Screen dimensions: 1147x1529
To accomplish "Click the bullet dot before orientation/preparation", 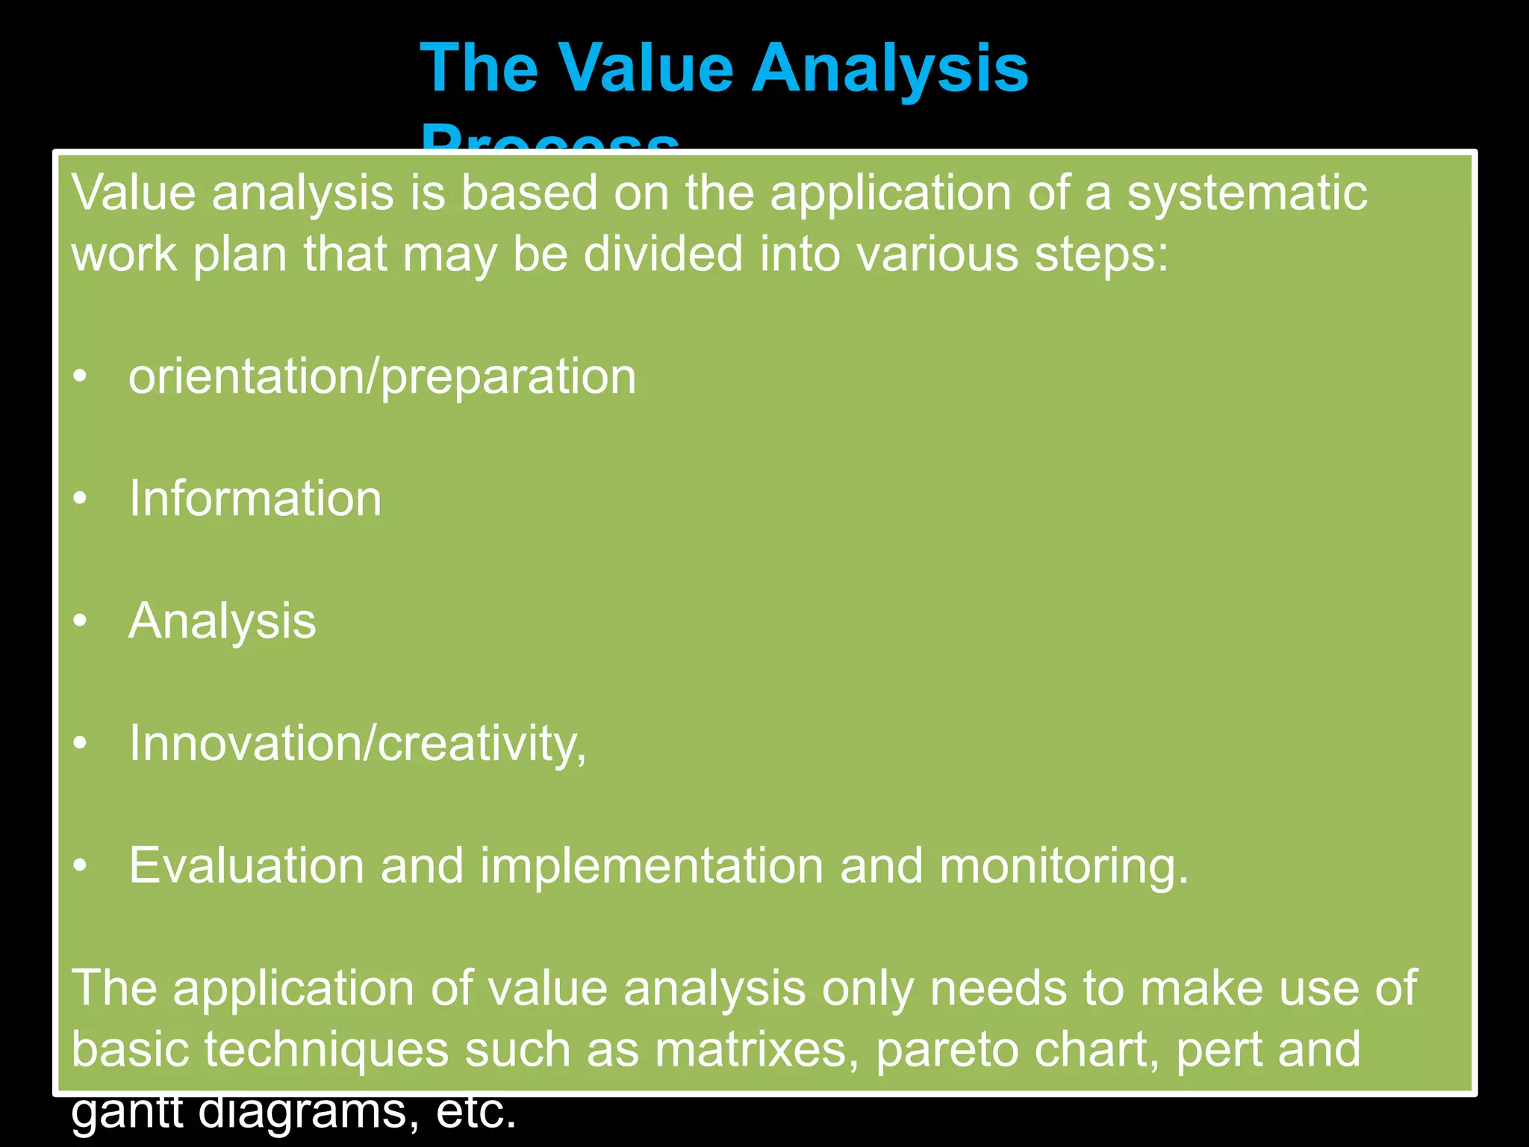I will [81, 377].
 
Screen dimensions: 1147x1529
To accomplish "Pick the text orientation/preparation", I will [382, 377].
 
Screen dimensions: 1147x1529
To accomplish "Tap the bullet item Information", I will [255, 499].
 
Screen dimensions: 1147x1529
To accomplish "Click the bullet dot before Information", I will [81, 499].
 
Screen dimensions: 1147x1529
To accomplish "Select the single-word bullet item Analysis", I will [222, 621].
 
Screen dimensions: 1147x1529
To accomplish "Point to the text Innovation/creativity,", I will [358, 744].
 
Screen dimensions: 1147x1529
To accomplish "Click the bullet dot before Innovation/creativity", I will [81, 744].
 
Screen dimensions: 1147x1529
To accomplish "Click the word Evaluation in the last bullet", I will [246, 866].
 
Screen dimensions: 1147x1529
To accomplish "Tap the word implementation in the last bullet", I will [651, 866].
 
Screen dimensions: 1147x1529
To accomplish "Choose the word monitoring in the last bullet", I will [1063, 866].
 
